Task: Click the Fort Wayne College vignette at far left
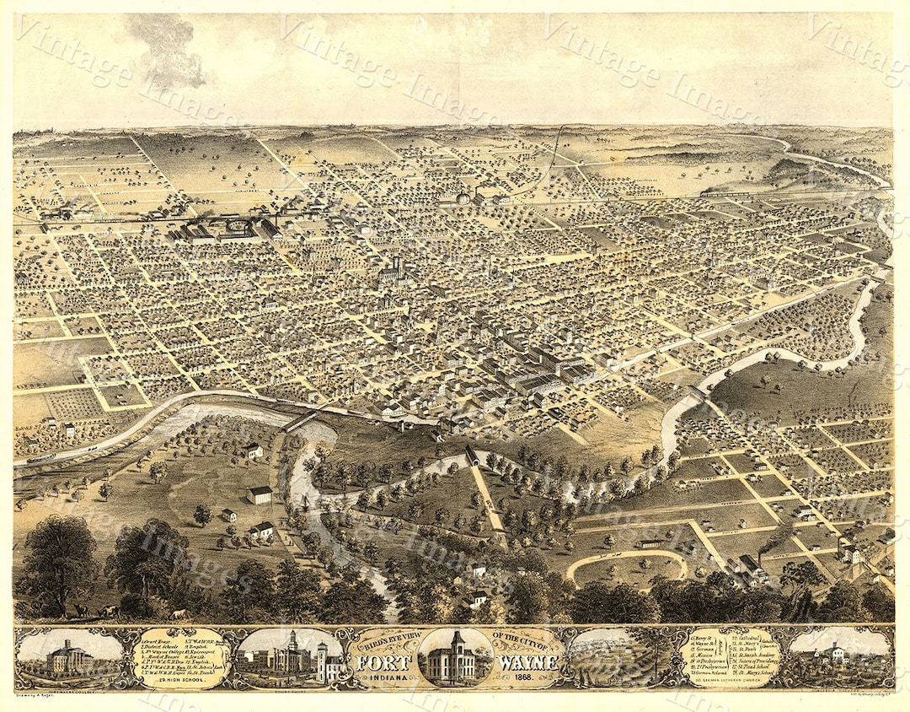click(x=70, y=657)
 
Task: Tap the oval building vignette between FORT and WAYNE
click(x=455, y=657)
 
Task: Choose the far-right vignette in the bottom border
click(x=838, y=657)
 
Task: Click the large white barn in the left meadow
click(x=260, y=494)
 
